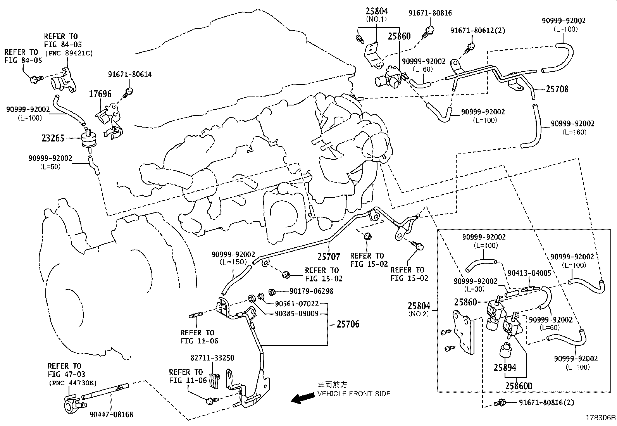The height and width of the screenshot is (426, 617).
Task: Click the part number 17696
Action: click(x=100, y=94)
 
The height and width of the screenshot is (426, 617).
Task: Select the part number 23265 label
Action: click(x=53, y=138)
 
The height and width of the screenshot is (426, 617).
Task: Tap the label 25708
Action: click(x=557, y=90)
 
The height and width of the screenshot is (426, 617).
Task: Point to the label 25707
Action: click(x=329, y=257)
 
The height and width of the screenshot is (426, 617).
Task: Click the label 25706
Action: click(x=348, y=324)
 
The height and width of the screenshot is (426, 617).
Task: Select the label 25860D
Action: click(x=519, y=386)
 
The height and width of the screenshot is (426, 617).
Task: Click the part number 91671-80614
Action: click(x=130, y=75)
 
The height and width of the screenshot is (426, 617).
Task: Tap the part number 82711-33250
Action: click(x=212, y=358)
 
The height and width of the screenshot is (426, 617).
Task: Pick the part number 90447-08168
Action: click(x=111, y=414)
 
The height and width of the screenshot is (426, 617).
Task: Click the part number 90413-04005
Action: click(x=529, y=273)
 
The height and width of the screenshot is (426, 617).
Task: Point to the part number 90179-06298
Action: click(x=311, y=291)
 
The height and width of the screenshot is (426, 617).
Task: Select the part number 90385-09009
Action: click(x=296, y=314)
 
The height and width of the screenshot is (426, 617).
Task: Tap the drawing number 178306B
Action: click(x=600, y=418)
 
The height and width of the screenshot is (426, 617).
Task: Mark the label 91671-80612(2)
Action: click(x=477, y=30)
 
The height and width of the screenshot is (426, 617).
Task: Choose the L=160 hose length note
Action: click(x=574, y=132)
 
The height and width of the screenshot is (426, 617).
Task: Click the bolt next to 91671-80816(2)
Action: click(x=500, y=403)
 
